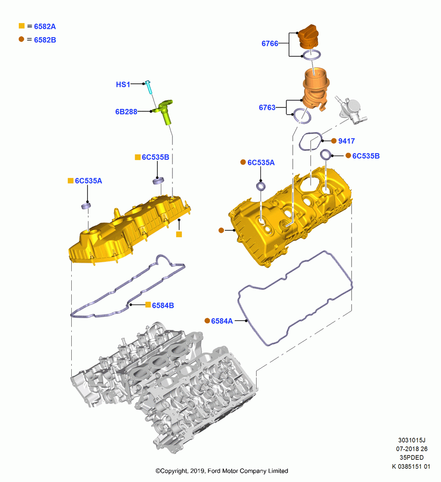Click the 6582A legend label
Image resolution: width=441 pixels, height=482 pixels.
click(45, 27)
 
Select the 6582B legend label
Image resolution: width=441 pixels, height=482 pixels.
click(45, 40)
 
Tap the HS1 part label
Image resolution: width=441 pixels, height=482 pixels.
click(123, 84)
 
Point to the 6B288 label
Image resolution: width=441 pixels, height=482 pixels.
click(126, 112)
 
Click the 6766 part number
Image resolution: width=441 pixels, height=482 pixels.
click(270, 44)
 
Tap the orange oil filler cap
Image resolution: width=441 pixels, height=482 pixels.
click(308, 36)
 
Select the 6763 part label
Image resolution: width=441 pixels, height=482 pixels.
click(267, 107)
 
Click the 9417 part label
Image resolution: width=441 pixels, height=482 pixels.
click(347, 141)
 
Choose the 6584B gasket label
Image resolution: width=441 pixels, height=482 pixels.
click(163, 306)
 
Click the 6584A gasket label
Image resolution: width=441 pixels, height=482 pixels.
click(222, 321)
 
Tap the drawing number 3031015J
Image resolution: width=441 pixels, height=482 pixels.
click(412, 440)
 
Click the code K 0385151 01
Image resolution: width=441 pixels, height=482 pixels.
click(411, 466)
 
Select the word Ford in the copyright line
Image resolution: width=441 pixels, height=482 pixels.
click(214, 471)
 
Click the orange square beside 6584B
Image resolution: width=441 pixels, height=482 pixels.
click(148, 305)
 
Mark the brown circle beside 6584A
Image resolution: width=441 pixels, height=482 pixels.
click(208, 321)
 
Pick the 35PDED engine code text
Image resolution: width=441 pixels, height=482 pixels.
click(412, 458)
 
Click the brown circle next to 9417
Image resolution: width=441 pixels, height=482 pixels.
click(334, 141)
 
